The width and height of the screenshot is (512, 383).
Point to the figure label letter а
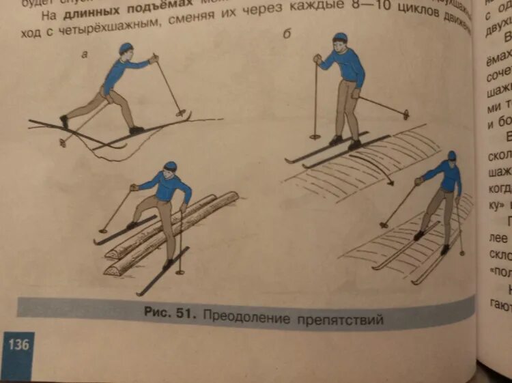85,54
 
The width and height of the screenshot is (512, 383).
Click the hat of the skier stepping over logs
170,166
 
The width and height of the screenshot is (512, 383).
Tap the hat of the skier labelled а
126,48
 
